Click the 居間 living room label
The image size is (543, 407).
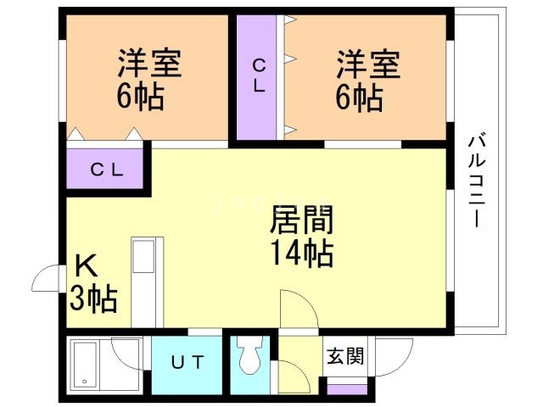tap(301, 220)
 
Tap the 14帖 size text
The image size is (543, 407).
tap(301, 252)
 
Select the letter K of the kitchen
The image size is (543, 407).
tap(87, 266)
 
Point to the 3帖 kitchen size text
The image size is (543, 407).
tap(93, 298)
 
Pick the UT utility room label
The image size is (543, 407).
tap(188, 363)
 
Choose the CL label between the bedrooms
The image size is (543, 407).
tap(259, 75)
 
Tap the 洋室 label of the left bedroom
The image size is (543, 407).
tap(150, 63)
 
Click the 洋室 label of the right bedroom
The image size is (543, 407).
tap(367, 63)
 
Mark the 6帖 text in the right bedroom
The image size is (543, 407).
tap(357, 98)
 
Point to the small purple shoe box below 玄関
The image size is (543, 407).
tap(349, 390)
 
